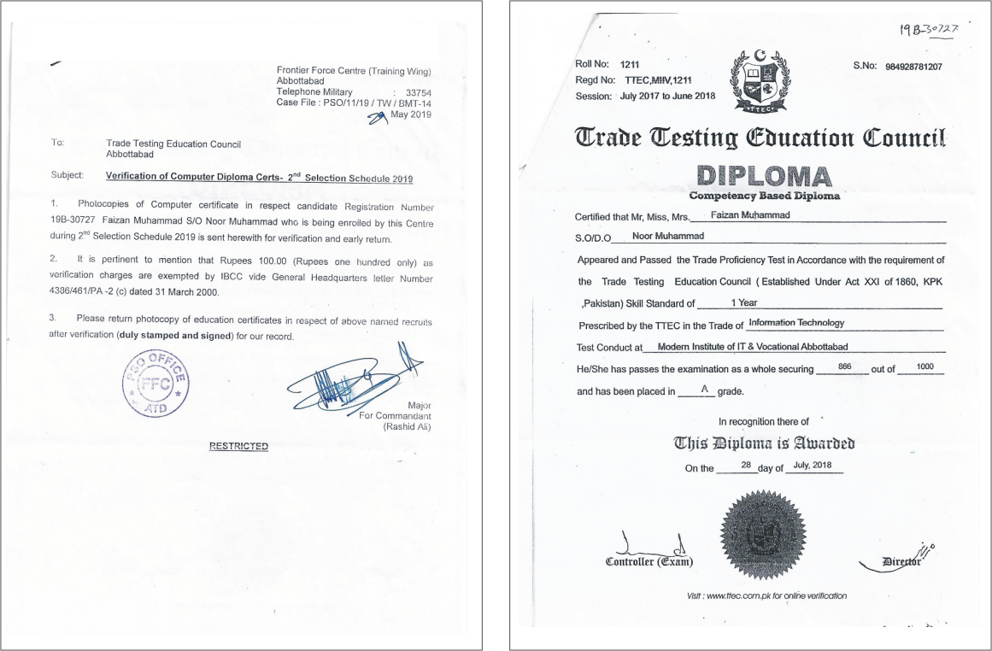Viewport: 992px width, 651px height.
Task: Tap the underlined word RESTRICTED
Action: point(238,446)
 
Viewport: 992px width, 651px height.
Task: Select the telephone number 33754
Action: point(419,91)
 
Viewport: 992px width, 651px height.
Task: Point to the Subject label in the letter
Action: point(67,176)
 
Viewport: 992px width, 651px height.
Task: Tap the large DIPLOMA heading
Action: point(765,177)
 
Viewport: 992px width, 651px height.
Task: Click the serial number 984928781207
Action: point(913,67)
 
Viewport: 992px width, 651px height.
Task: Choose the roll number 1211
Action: point(631,65)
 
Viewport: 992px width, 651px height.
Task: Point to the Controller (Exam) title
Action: point(649,562)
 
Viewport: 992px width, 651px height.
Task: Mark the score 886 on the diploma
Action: point(845,367)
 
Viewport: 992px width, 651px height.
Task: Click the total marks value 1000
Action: point(924,367)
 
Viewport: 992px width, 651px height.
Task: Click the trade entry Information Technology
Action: point(795,323)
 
